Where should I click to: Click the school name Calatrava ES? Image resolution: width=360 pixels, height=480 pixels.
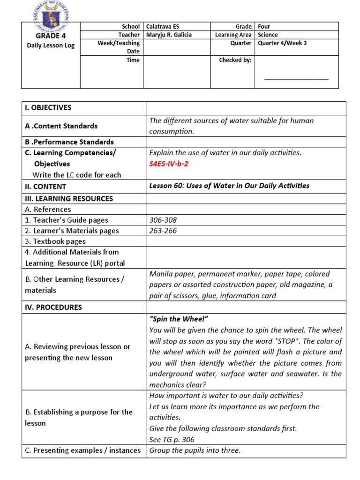pyautogui.click(x=163, y=27)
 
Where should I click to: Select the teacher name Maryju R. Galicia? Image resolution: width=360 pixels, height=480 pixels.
pyautogui.click(x=169, y=35)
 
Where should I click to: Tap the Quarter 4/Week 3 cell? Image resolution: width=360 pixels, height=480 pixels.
pyautogui.click(x=282, y=43)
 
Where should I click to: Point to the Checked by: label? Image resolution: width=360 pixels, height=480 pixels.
pyautogui.click(x=235, y=60)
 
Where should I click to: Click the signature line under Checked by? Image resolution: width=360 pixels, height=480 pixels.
pyautogui.click(x=296, y=79)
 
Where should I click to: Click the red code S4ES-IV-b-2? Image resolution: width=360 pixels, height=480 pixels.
pyautogui.click(x=169, y=164)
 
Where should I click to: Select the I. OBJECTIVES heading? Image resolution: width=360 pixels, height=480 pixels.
pyautogui.click(x=48, y=108)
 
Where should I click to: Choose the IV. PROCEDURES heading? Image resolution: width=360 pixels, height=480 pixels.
pyautogui.click(x=53, y=307)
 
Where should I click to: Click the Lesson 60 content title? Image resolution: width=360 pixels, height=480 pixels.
pyautogui.click(x=229, y=186)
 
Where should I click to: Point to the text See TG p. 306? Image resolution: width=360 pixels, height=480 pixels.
pyautogui.click(x=172, y=440)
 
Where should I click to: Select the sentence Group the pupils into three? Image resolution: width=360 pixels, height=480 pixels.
pyautogui.click(x=195, y=450)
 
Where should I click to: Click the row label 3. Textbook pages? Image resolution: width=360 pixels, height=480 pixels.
pyautogui.click(x=55, y=241)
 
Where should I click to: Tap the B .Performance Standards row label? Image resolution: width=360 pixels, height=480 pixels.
pyautogui.click(x=69, y=142)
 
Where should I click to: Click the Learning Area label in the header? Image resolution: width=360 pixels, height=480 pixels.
pyautogui.click(x=233, y=35)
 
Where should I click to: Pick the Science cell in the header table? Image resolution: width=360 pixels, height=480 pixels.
pyautogui.click(x=268, y=35)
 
